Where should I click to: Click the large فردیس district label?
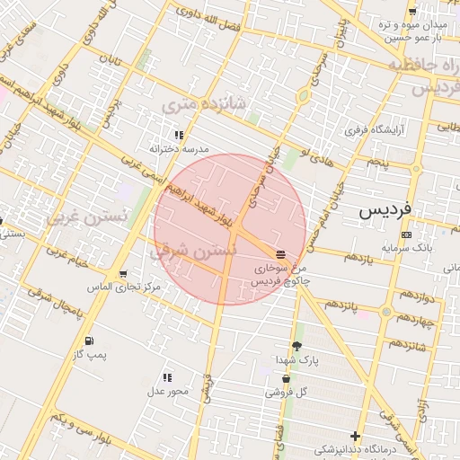click(385, 210)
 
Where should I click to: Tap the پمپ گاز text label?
click(90, 356)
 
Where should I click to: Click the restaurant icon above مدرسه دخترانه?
click(179, 135)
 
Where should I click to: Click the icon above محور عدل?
click(167, 377)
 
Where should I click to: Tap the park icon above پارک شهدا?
click(297, 346)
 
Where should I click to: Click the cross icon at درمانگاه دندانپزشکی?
click(356, 436)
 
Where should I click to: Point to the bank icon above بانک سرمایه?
click(407, 234)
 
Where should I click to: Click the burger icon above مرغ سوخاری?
click(281, 254)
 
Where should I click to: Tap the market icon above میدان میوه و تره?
click(412, 12)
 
